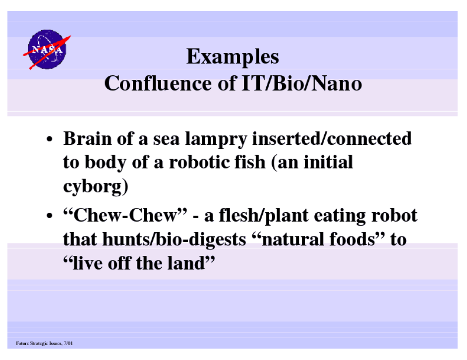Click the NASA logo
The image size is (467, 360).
[x=47, y=50]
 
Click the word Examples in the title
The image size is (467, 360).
[x=233, y=57]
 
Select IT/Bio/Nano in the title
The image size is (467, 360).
[x=302, y=83]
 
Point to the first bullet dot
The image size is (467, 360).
[x=50, y=139]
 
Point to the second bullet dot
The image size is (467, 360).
[x=50, y=216]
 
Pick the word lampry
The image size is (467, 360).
[x=216, y=139]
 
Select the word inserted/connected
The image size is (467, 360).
[x=332, y=138]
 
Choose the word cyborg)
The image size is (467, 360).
[x=96, y=187]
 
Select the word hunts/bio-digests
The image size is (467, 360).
[x=174, y=240]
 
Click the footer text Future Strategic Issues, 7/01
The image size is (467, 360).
[x=45, y=343]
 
